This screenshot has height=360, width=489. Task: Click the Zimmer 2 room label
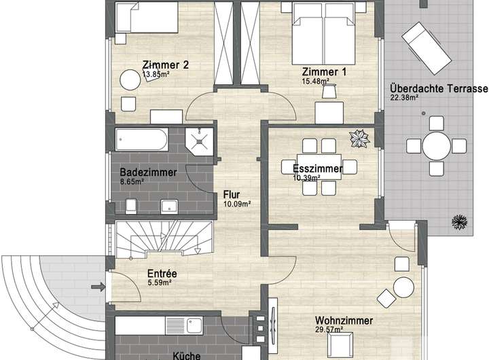[x=165, y=65]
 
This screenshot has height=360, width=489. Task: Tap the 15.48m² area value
[x=315, y=82]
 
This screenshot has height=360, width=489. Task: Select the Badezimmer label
[x=148, y=173]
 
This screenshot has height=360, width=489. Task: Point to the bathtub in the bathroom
[x=142, y=140]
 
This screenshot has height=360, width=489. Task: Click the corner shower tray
[x=199, y=141]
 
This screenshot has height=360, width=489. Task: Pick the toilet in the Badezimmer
[x=131, y=206]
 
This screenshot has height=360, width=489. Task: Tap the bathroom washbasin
[x=169, y=206]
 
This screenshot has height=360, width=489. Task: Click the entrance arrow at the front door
[x=98, y=287]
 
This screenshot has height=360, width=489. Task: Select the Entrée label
[x=162, y=274]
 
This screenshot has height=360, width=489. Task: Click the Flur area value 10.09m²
[x=237, y=204]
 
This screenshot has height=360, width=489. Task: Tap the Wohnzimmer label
[x=344, y=321]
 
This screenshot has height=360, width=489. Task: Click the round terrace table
[x=437, y=145]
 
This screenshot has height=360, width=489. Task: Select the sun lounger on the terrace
[x=427, y=48]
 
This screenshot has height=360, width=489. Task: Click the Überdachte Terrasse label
[x=439, y=88]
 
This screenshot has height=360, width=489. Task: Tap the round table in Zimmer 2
[x=130, y=80]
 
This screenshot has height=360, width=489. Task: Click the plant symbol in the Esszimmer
[x=359, y=139]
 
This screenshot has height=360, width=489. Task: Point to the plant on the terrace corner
[x=459, y=222]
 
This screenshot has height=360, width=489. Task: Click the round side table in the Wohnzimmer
[x=403, y=287]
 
